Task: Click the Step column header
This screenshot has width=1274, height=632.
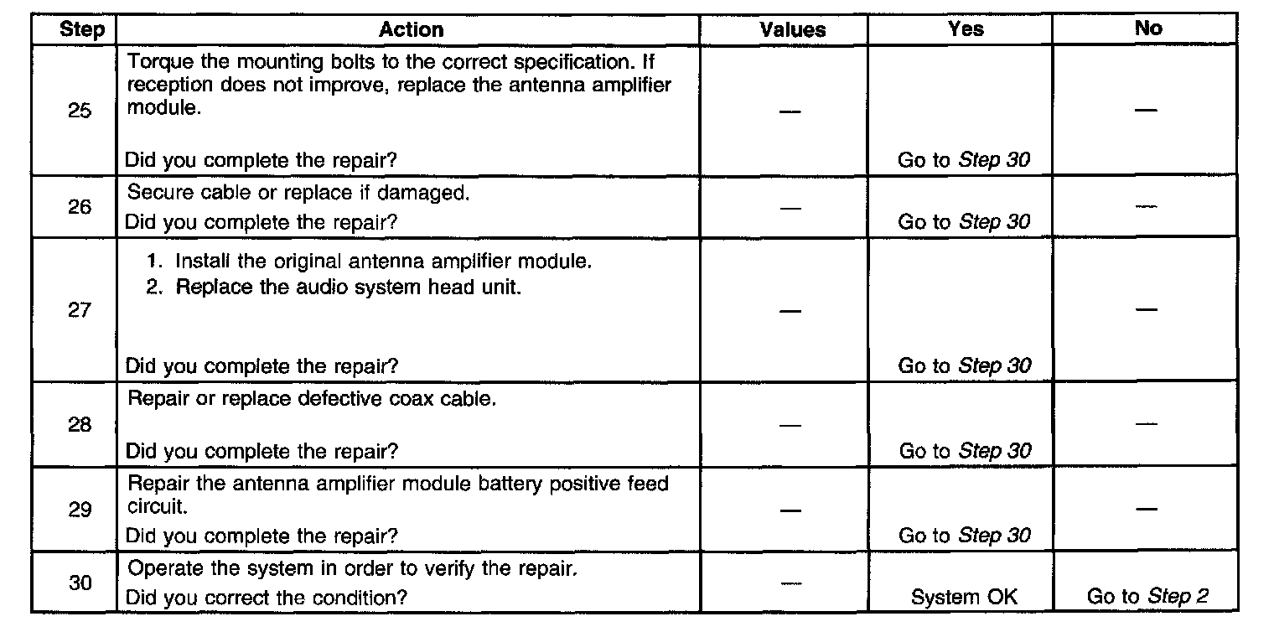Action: [82, 30]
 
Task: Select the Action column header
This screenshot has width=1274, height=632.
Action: [411, 30]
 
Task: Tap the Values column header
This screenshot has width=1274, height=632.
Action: [792, 30]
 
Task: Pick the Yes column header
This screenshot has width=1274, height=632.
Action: [966, 28]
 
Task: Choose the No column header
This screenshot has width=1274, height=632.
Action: [1147, 28]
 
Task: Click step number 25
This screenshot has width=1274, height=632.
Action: [80, 111]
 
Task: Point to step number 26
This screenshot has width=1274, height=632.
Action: [80, 206]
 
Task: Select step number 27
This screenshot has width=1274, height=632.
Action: [80, 310]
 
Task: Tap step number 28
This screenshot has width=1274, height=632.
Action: [80, 424]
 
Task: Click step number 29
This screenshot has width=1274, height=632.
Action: [80, 510]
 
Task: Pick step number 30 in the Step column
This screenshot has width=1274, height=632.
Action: [80, 583]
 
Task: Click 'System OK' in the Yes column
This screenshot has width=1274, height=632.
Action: [964, 598]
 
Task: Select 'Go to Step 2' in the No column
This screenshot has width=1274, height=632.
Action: [1147, 597]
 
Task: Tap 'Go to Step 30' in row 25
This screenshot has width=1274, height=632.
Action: [964, 160]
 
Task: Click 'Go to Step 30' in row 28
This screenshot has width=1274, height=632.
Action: [965, 451]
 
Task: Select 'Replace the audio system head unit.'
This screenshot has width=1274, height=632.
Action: [348, 287]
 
